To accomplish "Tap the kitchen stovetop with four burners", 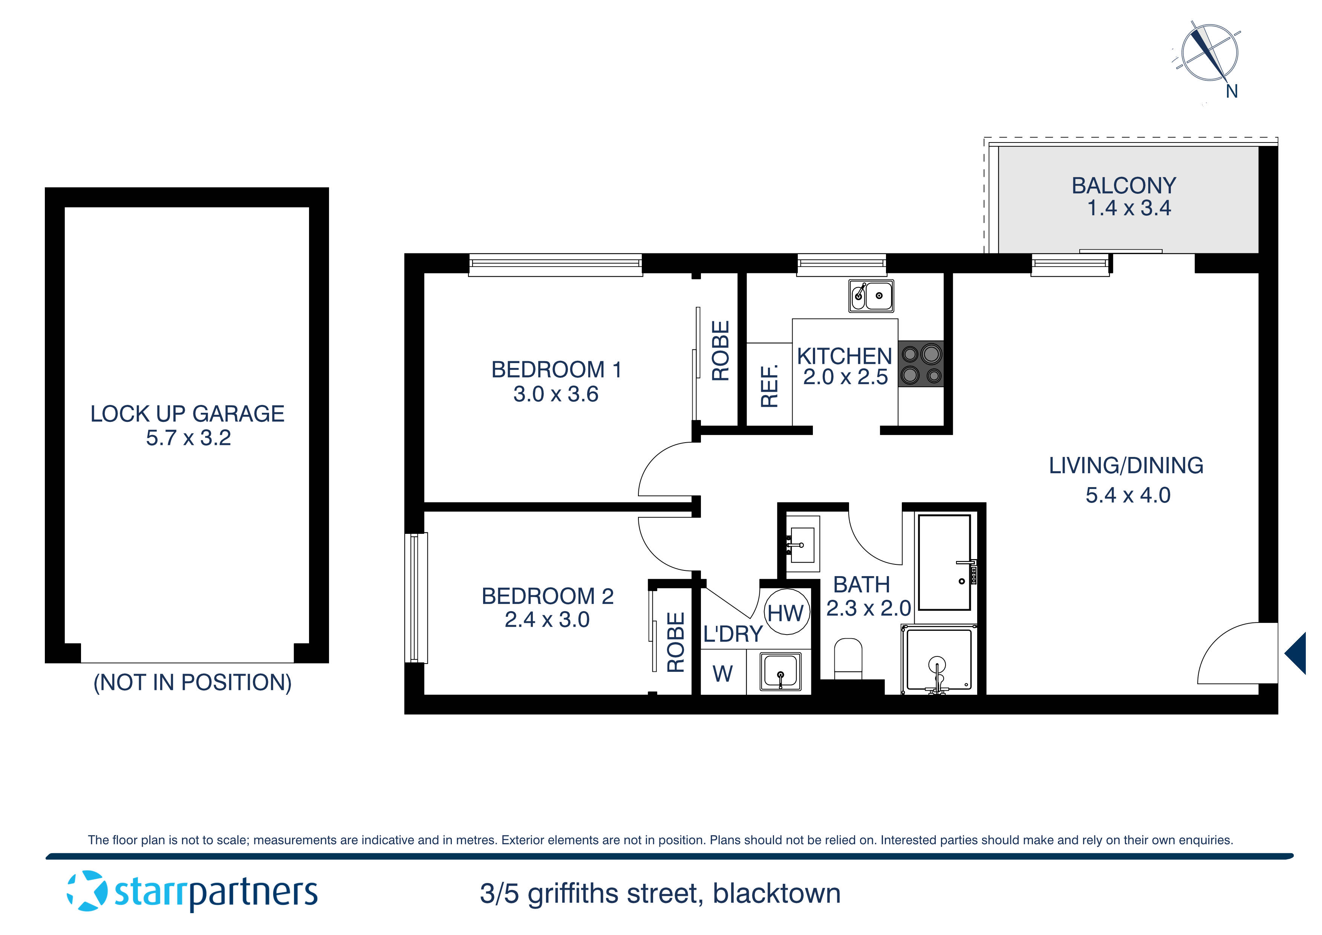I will tap(921, 364).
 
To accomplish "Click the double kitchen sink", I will tap(871, 296).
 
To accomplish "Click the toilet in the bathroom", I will tap(848, 659).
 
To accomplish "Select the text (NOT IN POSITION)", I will tap(192, 683).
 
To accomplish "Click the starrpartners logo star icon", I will tap(87, 891).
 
